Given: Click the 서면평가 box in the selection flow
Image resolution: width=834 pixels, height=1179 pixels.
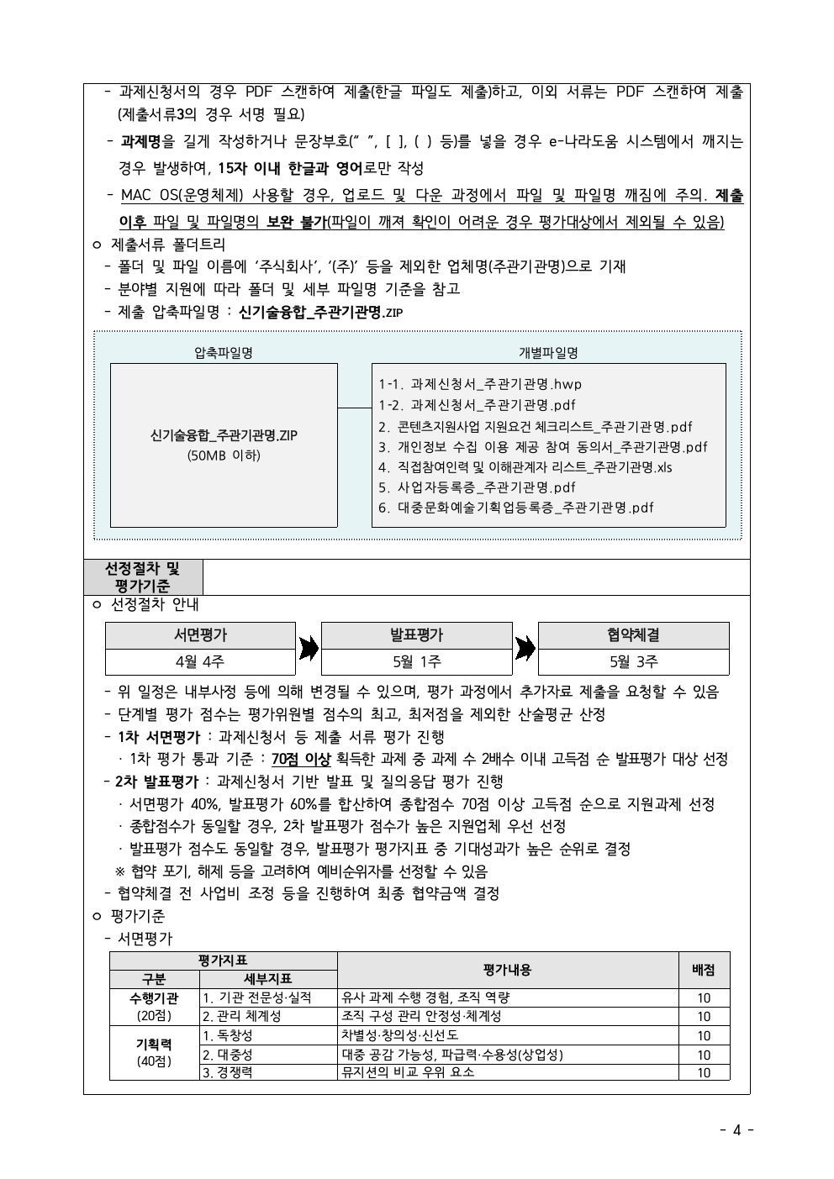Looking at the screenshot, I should pos(200,635).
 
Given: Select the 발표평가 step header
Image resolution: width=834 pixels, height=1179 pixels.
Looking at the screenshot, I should pos(416,635).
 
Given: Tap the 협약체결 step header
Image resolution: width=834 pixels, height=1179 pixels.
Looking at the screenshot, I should pos(633,635).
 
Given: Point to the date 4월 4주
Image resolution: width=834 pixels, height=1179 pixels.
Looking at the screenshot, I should pos(200,661).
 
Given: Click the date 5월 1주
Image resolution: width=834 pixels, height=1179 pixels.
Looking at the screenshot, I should pos(416,661).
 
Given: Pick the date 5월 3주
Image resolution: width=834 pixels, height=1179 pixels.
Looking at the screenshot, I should pos(633,661).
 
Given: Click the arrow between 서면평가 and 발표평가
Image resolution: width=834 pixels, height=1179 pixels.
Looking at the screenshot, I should pos(309,648).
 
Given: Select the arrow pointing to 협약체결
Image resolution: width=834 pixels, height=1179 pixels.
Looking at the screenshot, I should pos(525,648).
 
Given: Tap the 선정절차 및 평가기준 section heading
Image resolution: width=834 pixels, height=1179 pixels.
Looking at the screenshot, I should pos(143,577).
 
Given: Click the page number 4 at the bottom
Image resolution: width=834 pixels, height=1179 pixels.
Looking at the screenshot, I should pos(737,1129).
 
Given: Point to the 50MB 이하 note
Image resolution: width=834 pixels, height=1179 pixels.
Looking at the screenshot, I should pos(224,455).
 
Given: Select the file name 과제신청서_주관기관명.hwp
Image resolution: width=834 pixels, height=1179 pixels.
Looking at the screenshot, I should pos(480,384).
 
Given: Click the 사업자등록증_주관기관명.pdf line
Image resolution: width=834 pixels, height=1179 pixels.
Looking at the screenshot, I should pos(477,487).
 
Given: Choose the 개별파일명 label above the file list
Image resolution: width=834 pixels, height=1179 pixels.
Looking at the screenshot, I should pos(548,353).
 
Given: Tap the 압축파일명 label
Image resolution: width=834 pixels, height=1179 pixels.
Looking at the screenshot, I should pos(224,353).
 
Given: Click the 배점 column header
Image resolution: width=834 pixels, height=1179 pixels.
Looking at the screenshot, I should pos(704,970).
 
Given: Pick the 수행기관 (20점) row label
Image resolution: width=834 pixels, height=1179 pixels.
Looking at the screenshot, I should pos(154,1007).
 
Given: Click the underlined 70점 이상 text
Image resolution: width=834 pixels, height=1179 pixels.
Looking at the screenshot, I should pos(300,759).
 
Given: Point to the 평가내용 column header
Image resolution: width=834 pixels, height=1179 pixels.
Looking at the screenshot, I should pos(507,970).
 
